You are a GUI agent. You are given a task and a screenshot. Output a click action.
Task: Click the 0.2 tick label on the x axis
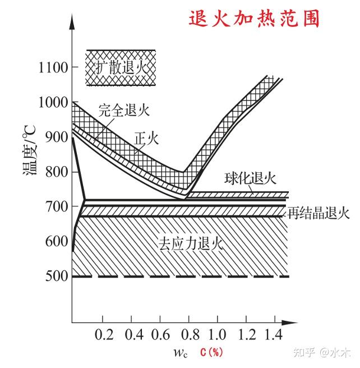[104, 335]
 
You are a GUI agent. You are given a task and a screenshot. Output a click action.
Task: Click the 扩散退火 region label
[120, 68]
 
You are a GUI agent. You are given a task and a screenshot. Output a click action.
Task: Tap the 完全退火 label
[124, 109]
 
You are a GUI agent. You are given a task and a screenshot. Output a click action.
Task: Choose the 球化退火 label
[251, 179]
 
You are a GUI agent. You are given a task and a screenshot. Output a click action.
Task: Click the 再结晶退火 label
[319, 213]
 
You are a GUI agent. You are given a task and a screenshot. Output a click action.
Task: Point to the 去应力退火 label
[190, 244]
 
